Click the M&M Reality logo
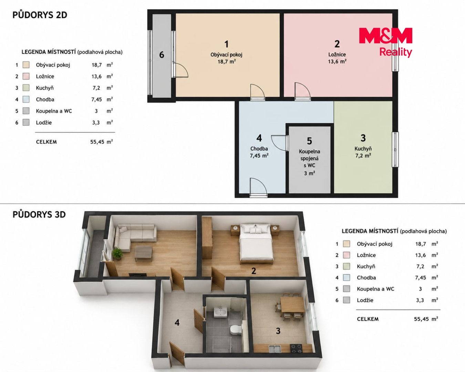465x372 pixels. (386, 42)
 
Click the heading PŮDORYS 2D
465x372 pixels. (40, 15)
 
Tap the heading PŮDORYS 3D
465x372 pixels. (39, 215)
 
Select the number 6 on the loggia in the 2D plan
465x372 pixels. (162, 55)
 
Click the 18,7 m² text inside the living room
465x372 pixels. (226, 62)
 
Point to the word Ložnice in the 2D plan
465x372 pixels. (337, 54)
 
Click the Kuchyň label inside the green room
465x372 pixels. (363, 149)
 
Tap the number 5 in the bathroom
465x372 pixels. (309, 141)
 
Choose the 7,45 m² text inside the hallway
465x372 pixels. (259, 156)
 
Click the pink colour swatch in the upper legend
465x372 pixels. (26, 76)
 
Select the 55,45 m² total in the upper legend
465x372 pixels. (102, 142)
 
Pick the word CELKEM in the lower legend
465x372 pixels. (368, 319)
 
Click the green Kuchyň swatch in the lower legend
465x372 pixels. (347, 267)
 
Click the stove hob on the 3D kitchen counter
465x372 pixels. (296, 347)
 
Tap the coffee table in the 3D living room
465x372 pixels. (143, 253)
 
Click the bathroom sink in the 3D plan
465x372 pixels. (220, 312)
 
